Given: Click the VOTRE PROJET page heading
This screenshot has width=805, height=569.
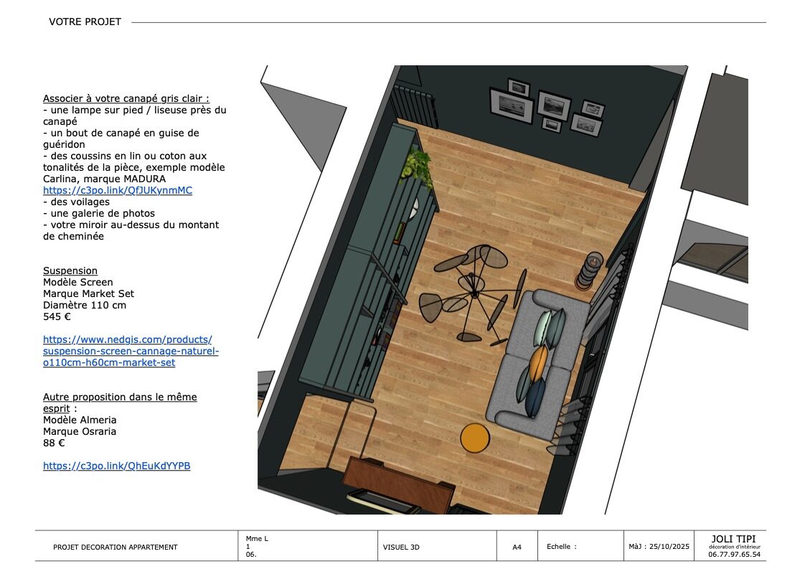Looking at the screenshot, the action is (85, 22).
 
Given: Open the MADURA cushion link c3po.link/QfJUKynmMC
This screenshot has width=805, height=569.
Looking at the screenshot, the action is (118, 190).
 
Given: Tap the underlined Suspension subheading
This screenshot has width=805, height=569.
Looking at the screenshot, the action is (70, 271).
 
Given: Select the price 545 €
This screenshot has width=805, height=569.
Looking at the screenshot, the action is (57, 316).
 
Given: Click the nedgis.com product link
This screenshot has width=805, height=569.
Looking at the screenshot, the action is (131, 351).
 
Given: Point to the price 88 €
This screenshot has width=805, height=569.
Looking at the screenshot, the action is (54, 443).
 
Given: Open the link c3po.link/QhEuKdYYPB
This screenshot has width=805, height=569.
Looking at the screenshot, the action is (116, 466).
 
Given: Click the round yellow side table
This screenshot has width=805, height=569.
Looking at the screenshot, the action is (475, 438).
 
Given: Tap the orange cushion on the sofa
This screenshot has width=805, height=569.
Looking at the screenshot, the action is (537, 363).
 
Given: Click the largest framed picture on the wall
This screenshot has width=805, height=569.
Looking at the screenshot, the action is (512, 105).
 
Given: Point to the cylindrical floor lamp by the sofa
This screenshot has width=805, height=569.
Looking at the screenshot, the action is (589, 271).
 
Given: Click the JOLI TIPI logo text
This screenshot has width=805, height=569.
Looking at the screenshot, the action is (734, 539).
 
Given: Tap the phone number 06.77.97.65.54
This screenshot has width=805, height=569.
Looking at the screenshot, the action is (734, 555).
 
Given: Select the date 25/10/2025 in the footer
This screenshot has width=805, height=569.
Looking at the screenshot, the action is (669, 547).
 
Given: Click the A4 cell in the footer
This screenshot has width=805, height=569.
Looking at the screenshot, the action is (517, 547).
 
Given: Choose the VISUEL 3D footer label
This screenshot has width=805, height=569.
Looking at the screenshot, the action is (401, 547).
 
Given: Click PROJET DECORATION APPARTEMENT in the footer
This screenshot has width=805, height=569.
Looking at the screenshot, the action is (116, 547).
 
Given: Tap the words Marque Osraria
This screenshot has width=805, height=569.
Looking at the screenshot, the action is (80, 431).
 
